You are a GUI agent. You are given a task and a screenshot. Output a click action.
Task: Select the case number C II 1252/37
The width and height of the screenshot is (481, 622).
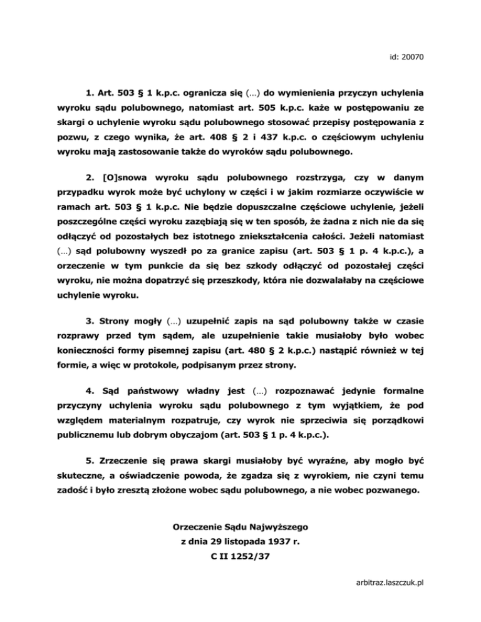point(240,554)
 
